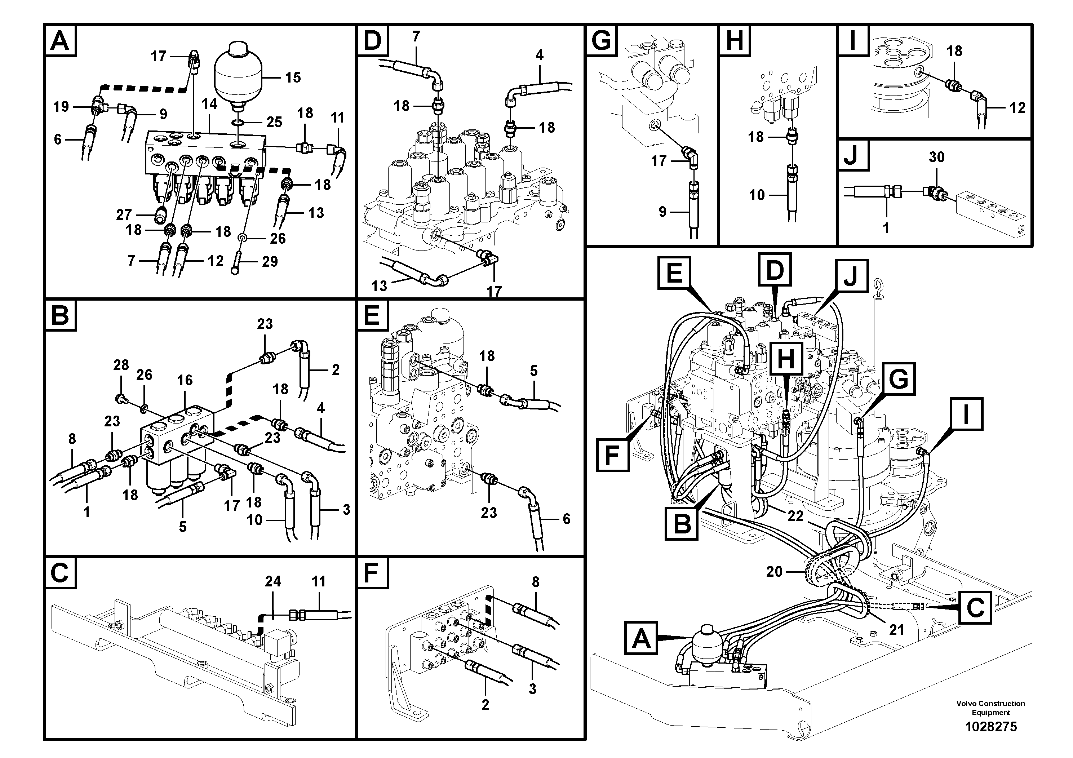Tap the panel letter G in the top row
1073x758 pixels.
602,41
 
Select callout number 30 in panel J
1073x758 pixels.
936,157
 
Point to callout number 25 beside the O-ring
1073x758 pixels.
274,123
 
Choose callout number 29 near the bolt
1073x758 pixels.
270,262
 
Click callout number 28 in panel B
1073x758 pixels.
121,365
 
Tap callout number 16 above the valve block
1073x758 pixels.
185,380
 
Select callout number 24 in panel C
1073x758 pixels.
273,581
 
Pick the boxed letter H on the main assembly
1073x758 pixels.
786,359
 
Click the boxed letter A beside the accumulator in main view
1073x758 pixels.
641,638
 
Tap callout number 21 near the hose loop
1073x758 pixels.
896,630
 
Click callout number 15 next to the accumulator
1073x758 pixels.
293,77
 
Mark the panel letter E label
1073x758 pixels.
372,315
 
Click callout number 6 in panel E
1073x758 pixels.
566,519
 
